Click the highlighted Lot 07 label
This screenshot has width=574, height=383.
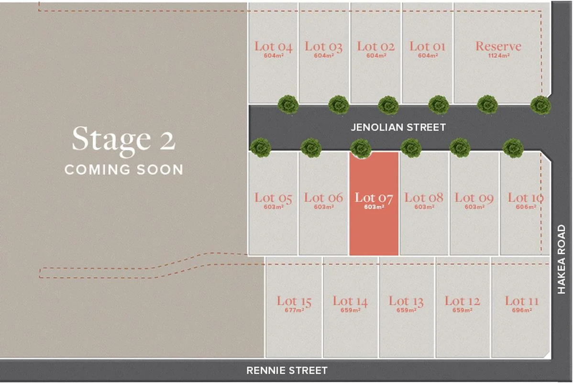tap(374, 197)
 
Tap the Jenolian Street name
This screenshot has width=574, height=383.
tap(398, 127)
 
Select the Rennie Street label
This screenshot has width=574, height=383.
tap(287, 370)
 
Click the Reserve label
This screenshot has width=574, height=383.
tap(498, 46)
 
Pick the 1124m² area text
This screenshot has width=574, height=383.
tap(498, 55)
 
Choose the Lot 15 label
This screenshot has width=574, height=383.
tap(294, 301)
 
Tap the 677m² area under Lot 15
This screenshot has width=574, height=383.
tap(294, 310)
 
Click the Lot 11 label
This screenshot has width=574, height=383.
tap(521, 301)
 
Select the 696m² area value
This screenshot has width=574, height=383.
tap(521, 310)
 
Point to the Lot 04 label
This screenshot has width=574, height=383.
tap(273, 46)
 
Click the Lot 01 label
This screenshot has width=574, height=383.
tap(427, 46)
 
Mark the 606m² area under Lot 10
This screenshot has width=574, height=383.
tap(525, 207)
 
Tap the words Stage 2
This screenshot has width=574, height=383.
tap(123, 139)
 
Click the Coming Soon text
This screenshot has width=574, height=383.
tap(123, 169)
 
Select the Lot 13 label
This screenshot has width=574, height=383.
tap(406, 301)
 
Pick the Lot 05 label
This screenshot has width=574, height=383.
tap(273, 197)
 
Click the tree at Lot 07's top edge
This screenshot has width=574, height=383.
tap(361, 148)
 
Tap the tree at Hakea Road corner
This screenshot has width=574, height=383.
tap(541, 105)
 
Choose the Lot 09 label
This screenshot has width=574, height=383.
tap(474, 197)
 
